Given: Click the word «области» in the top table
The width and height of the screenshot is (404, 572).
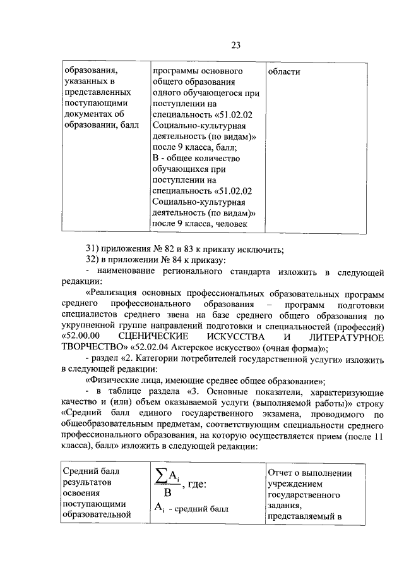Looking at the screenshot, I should click(x=284, y=71).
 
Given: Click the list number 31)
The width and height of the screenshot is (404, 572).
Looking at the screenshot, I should click(x=93, y=249).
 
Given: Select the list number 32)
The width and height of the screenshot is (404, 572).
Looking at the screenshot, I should click(x=93, y=260).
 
